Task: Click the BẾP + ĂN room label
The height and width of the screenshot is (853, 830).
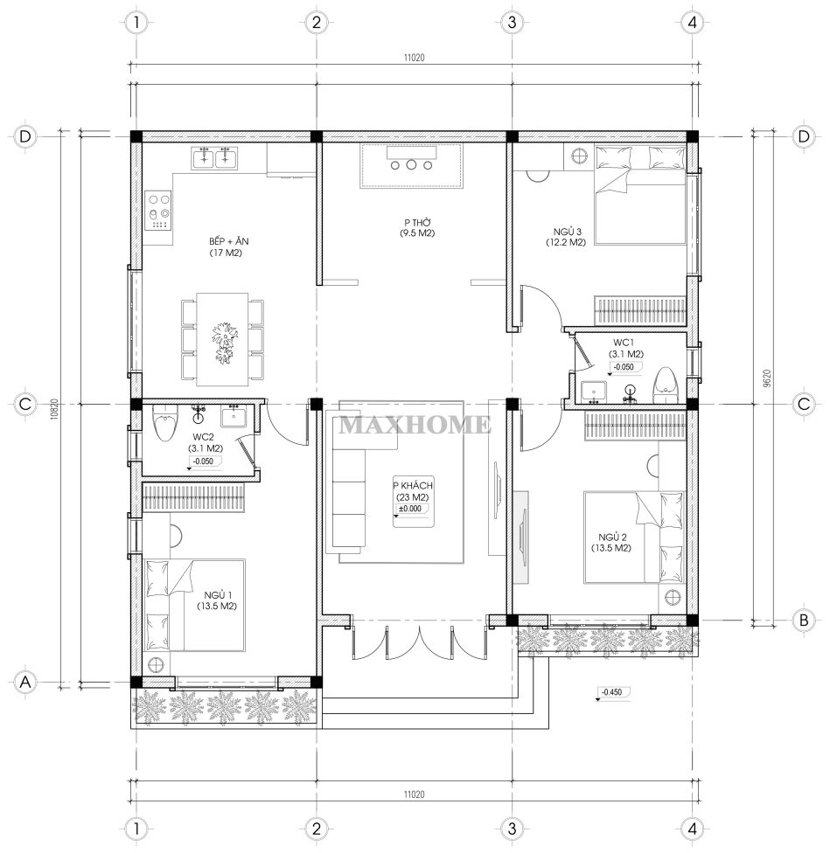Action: click(x=228, y=241)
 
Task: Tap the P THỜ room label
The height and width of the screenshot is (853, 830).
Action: click(x=417, y=223)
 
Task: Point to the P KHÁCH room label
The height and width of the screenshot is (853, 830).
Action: click(x=413, y=485)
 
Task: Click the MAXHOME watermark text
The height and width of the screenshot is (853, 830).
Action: click(x=415, y=425)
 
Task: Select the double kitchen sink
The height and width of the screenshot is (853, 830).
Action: click(x=213, y=158)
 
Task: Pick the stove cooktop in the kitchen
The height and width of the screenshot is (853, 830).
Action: click(x=157, y=210)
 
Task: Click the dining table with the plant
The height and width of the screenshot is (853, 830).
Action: click(x=223, y=339)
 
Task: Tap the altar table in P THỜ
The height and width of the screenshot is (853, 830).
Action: click(x=411, y=165)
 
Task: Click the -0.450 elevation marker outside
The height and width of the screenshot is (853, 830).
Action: click(x=612, y=692)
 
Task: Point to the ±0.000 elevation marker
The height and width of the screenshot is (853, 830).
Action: click(x=410, y=510)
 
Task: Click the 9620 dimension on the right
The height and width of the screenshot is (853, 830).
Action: click(x=767, y=378)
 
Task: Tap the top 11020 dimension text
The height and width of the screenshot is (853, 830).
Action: click(x=415, y=57)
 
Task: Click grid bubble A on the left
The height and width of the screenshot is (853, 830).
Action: click(x=25, y=682)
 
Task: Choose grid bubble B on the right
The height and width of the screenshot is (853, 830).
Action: click(x=804, y=621)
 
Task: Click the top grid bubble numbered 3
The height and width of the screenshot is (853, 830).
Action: click(x=512, y=23)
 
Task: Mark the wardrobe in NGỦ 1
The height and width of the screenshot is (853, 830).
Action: click(x=193, y=498)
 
